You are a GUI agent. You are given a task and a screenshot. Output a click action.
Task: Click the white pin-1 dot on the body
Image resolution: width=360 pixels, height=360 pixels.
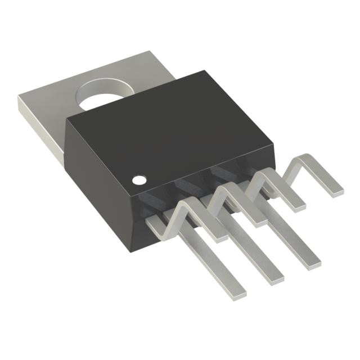pyautogui.click(x=138, y=181)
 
